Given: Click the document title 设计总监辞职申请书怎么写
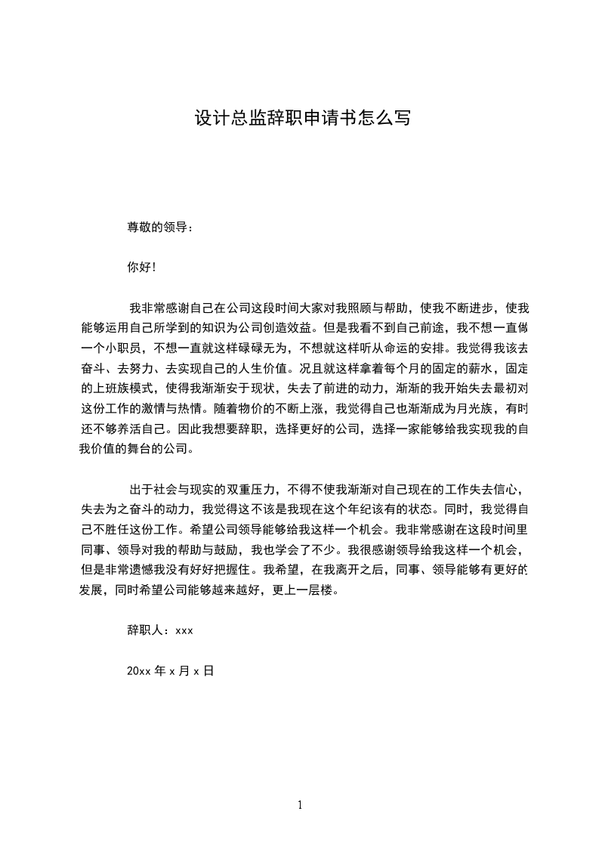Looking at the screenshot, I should pyautogui.click(x=302, y=119).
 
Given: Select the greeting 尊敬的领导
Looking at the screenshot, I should pyautogui.click(x=159, y=226).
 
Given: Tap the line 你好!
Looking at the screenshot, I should pyautogui.click(x=141, y=267).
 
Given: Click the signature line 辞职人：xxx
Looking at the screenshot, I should pyautogui.click(x=160, y=630).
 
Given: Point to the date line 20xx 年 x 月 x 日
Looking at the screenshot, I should pyautogui.click(x=171, y=670).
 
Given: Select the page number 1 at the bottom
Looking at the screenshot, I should pyautogui.click(x=300, y=806).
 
